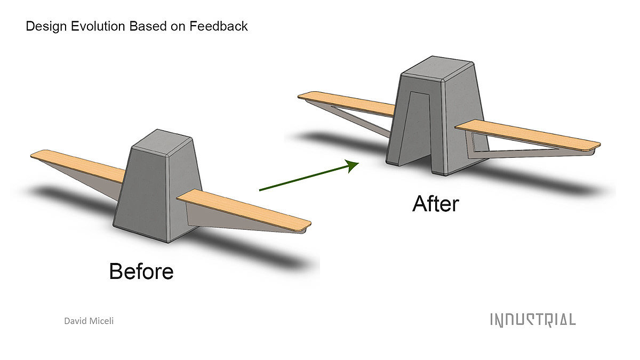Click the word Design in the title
46,27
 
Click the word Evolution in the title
98,26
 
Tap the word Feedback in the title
219,26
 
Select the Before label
141,271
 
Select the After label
436,204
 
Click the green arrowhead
353,165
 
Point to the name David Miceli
89,321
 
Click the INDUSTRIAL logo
533,319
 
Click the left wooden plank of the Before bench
78,165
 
